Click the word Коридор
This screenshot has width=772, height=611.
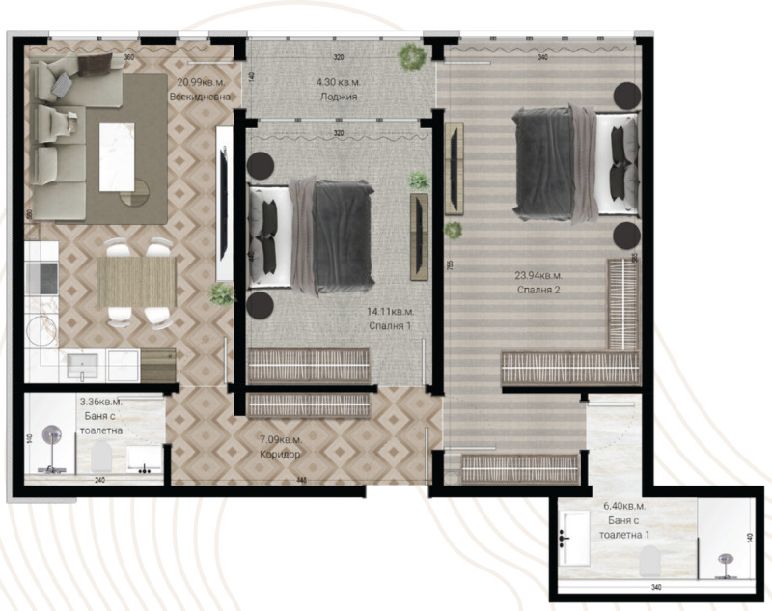click(x=281, y=454)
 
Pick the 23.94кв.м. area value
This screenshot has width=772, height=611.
click(x=538, y=274)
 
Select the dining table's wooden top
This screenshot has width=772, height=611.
click(x=136, y=281)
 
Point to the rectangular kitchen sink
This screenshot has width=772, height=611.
click(x=84, y=364)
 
